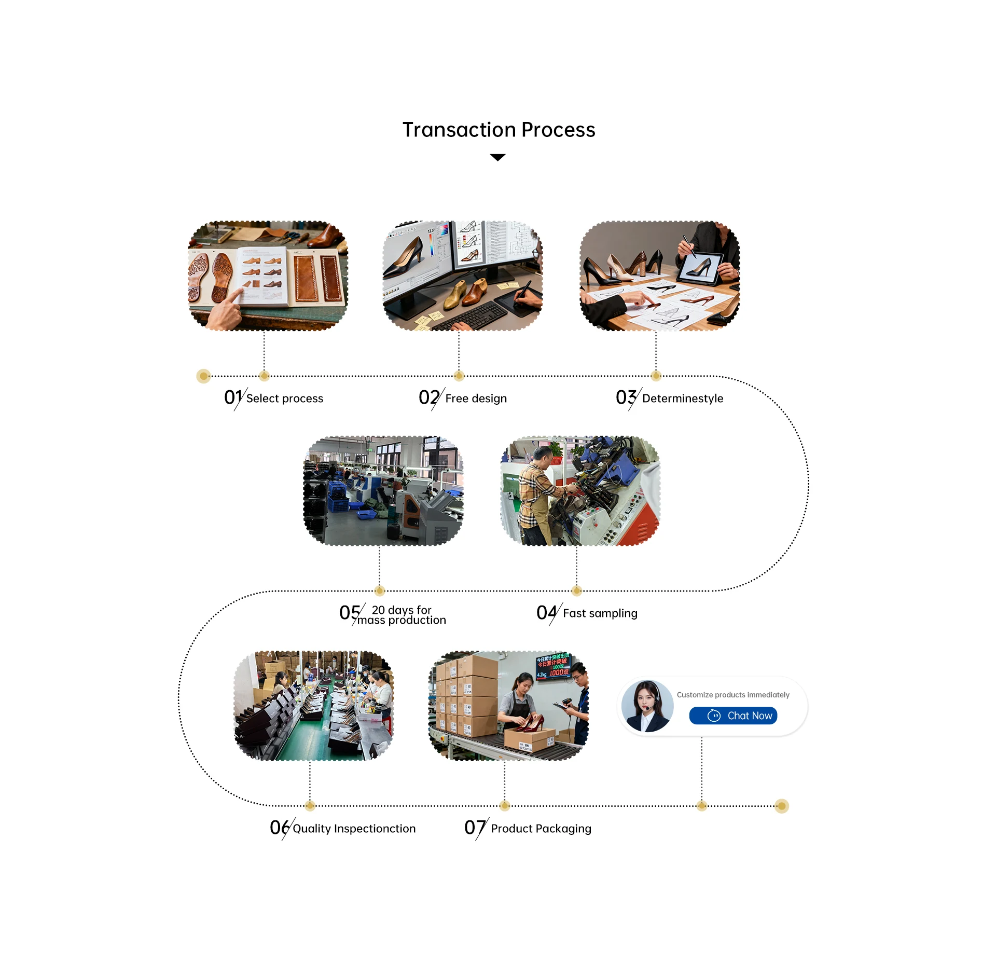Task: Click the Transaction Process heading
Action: point(499,130)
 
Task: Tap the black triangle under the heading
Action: point(497,157)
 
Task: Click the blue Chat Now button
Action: point(732,716)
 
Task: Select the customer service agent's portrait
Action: point(647,706)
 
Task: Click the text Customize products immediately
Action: point(732,695)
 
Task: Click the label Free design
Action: point(476,399)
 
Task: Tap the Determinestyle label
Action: point(682,399)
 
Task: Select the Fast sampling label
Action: point(600,613)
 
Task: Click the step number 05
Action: point(350,613)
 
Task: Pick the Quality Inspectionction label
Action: point(354,829)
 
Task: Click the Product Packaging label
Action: point(541,829)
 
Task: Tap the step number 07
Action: point(474,828)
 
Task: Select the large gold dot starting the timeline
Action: point(203,376)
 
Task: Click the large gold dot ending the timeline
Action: point(782,806)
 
